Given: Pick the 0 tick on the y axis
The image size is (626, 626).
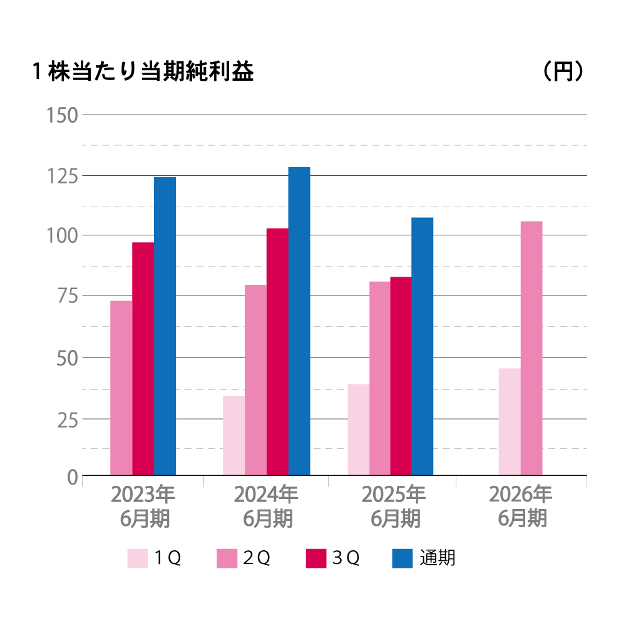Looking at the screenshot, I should [x=72, y=477].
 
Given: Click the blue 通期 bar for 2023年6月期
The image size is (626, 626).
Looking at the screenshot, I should [x=165, y=326].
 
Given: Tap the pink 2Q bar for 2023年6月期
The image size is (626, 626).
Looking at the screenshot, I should [x=121, y=388].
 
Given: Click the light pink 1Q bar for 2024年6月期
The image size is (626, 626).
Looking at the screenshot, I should [x=234, y=436].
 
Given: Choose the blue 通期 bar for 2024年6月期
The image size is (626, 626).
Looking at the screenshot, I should [x=299, y=321].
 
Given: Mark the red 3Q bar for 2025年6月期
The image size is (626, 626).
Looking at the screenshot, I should [x=401, y=376].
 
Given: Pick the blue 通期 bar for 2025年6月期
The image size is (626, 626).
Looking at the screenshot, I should [x=423, y=346].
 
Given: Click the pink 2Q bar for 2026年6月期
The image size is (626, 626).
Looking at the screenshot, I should [x=531, y=348].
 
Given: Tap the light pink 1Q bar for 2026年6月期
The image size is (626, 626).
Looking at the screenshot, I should [x=510, y=422].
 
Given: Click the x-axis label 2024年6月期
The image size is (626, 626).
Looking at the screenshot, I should [x=266, y=506].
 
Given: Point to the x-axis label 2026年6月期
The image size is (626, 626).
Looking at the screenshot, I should [x=521, y=506].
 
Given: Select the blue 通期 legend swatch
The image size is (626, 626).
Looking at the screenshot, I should [x=403, y=558].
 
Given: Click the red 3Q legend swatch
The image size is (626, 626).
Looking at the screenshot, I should [x=316, y=558].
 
